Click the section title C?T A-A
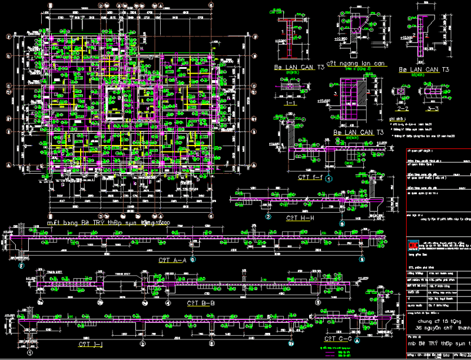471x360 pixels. (172, 259)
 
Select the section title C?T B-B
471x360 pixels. (201, 303)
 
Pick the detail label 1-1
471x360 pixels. (290, 103)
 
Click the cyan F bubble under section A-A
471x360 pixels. (22, 266)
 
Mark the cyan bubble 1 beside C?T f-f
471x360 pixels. (329, 177)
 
